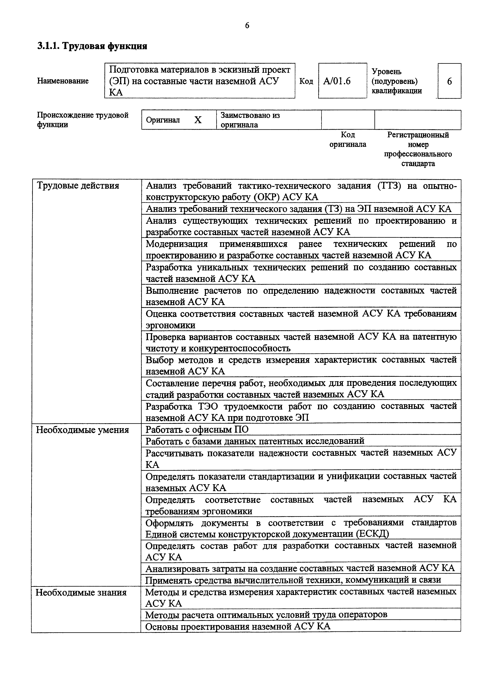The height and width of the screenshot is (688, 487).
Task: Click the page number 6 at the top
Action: pyautogui.click(x=247, y=26)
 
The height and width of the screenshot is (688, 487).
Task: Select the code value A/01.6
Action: pyautogui.click(x=337, y=81)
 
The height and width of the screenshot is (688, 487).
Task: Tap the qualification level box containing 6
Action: pyautogui.click(x=449, y=81)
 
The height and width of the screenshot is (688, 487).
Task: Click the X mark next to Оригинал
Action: pyautogui.click(x=198, y=120)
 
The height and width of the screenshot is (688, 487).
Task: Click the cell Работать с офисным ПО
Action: pyautogui.click(x=197, y=430)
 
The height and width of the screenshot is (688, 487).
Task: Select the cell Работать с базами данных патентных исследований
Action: pyautogui.click(x=255, y=441)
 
